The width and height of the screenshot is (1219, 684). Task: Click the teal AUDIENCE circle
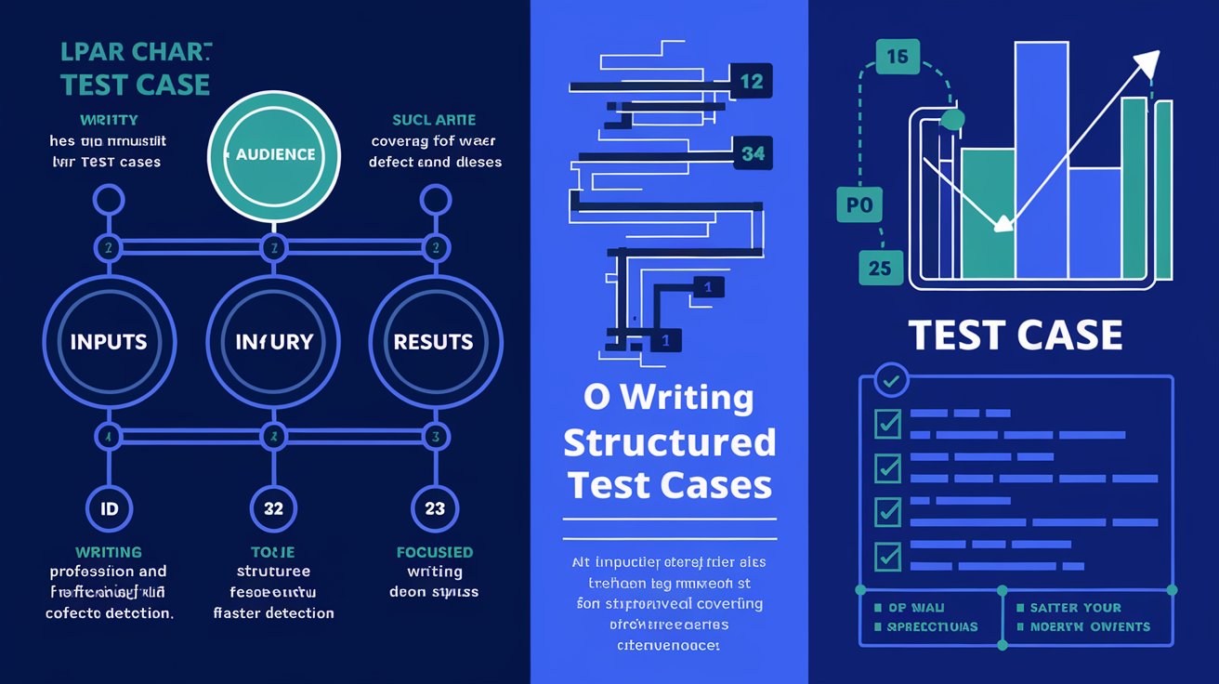pos(274,154)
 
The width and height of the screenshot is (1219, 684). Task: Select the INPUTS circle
pos(109,341)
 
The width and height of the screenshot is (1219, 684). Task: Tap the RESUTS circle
pos(434,341)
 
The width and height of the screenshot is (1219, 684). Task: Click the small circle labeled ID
pos(109,508)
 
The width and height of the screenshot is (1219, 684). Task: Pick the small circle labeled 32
pos(273,508)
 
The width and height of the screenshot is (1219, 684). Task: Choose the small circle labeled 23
pos(434,508)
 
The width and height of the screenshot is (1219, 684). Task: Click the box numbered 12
pos(751,82)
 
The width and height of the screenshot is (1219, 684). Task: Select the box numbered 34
pos(753,153)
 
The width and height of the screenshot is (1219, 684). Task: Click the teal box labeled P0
pos(860,205)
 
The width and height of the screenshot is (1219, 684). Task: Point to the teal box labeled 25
pos(879,268)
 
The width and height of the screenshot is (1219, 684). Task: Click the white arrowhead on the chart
pos(1147,64)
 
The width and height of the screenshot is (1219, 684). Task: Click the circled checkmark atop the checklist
pos(893,380)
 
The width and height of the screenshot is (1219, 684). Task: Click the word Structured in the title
pos(669,441)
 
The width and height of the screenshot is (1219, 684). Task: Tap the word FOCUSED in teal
pos(434,552)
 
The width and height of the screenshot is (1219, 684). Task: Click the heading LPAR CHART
pos(136,53)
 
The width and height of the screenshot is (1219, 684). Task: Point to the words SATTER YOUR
pos(1075,608)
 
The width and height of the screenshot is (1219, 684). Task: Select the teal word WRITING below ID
pos(110,552)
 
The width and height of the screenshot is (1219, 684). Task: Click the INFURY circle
pos(273,341)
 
